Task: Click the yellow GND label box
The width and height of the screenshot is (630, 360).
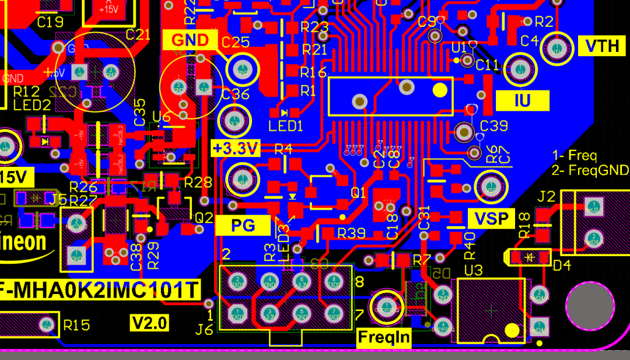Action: point(191,40)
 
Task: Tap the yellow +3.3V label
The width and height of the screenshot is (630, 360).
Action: point(235,149)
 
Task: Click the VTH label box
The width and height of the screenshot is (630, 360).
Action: point(601,46)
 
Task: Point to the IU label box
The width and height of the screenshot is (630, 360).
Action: point(523,101)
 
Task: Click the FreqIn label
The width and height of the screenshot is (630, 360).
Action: point(383,337)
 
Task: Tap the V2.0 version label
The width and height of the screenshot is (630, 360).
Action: point(149,323)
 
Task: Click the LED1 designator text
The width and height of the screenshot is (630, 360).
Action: point(286,125)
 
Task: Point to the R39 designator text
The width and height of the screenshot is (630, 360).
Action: point(351,233)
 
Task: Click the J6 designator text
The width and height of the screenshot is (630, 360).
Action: point(204,329)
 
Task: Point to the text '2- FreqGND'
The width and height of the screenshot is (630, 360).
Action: point(590,170)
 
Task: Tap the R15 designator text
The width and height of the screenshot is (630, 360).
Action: point(76,325)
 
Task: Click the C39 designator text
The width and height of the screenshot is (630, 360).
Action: point(494,126)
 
